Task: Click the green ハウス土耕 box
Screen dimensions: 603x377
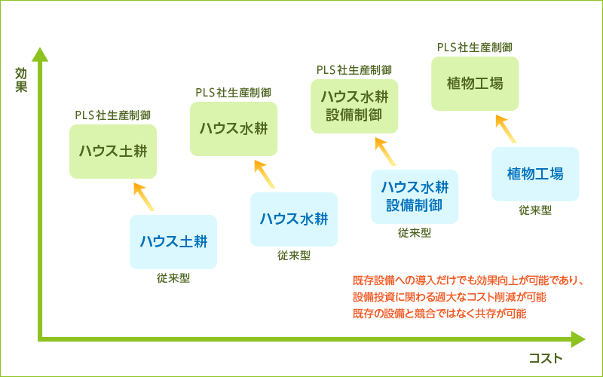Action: [113, 152]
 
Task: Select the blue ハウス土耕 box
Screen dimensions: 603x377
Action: [173, 242]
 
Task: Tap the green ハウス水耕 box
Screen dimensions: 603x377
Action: [234, 129]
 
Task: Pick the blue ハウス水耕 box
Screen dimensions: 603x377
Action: [294, 219]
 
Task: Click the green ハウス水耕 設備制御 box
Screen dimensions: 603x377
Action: [354, 106]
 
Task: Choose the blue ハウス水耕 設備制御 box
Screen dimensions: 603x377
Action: [415, 197]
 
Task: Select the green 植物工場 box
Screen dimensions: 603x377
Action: [475, 84]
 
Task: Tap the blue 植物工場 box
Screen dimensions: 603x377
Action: [535, 174]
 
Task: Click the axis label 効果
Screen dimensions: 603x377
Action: [21, 80]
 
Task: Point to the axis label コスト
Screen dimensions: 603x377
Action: [546, 359]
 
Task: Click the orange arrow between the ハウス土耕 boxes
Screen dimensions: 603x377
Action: [144, 197]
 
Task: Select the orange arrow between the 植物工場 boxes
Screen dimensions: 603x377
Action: [506, 128]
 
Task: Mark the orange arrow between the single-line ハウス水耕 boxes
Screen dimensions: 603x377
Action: [265, 174]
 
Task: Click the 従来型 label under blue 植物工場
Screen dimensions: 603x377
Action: [535, 210]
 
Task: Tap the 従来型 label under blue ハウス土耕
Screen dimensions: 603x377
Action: [173, 278]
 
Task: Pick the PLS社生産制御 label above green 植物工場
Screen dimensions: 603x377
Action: [475, 48]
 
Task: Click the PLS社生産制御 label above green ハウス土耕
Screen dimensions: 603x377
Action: [113, 115]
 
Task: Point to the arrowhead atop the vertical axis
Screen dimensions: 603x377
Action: [40, 54]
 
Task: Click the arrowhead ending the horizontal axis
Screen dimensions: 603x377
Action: [578, 339]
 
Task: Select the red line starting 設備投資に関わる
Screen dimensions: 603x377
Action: [449, 297]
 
